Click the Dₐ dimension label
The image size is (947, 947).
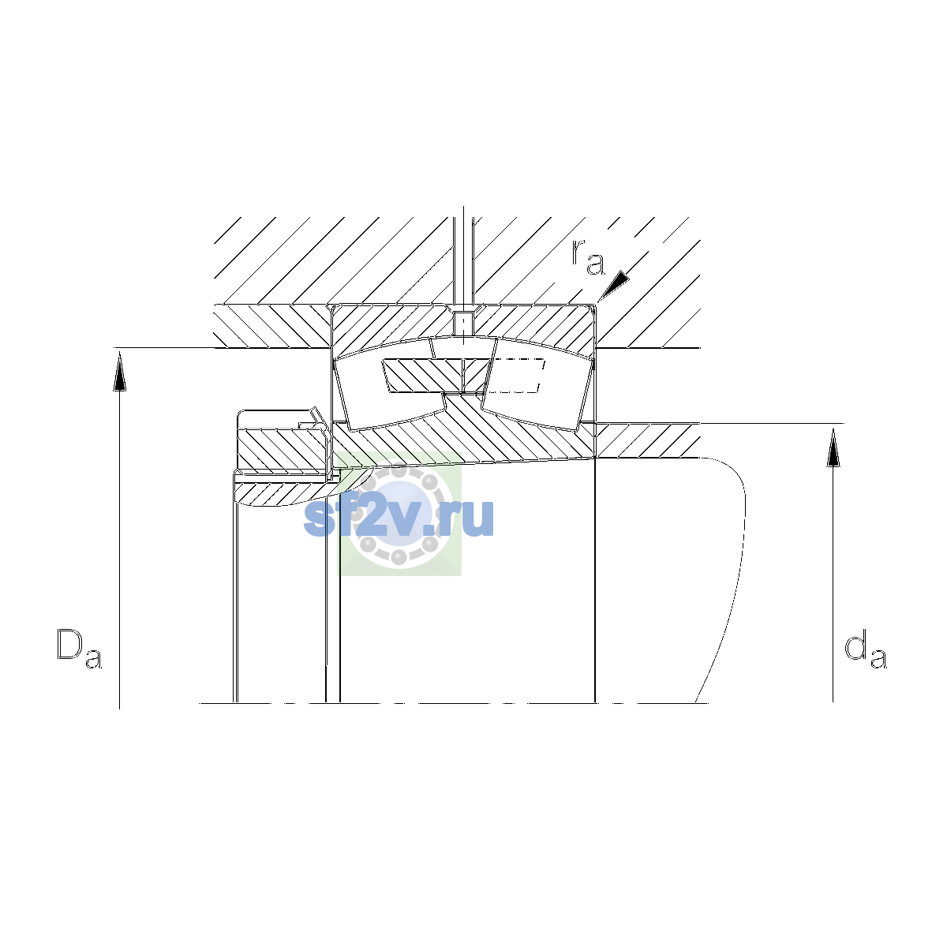pos(79,648)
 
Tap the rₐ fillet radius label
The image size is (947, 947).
pos(588,257)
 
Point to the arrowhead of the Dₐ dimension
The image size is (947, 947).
pos(119,374)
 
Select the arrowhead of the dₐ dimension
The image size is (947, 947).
pos(833,447)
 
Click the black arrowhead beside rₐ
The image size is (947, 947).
pos(614,285)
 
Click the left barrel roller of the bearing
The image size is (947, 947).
pos(388,384)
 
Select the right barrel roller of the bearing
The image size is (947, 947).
pos(537,385)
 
